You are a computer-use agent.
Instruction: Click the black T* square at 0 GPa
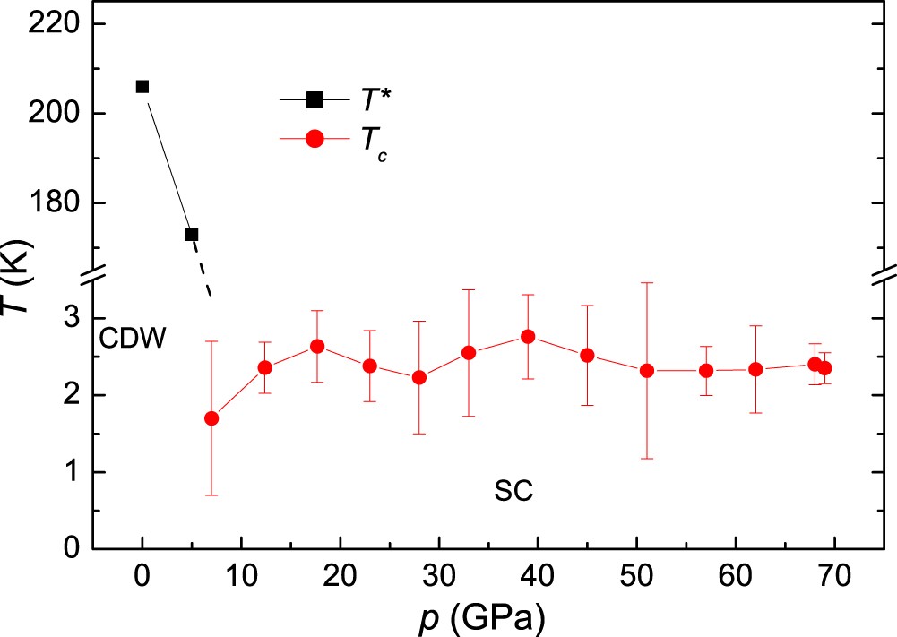pyautogui.click(x=142, y=86)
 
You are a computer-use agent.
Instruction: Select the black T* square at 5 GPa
pyautogui.click(x=192, y=235)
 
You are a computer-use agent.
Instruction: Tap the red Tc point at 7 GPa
pyautogui.click(x=211, y=418)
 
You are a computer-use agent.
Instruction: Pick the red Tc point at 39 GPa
pyautogui.click(x=528, y=336)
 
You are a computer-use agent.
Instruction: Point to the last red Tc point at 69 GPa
pyautogui.click(x=824, y=367)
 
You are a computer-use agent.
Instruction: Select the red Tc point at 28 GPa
pyautogui.click(x=419, y=377)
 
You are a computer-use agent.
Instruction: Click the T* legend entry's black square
pyautogui.click(x=315, y=99)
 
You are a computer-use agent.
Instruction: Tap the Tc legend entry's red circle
pyautogui.click(x=315, y=142)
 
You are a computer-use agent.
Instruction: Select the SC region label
pyautogui.click(x=513, y=491)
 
